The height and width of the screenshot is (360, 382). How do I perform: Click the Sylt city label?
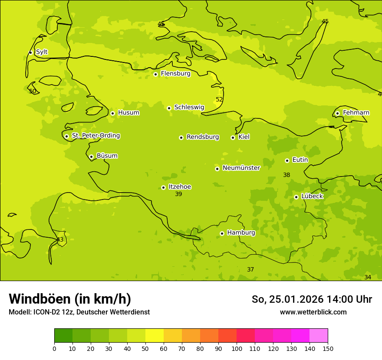42,52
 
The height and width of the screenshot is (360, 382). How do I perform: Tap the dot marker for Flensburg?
155,74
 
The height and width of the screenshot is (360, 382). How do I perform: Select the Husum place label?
128,113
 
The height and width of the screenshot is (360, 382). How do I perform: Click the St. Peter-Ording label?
95,136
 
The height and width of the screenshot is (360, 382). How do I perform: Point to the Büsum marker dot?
91,157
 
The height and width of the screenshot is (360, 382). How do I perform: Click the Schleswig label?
189,107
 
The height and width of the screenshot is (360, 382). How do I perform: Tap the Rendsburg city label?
203,137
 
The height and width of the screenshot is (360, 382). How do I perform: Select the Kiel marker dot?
233,137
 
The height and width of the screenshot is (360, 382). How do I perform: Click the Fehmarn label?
356,113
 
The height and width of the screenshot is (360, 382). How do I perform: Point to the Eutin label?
300,160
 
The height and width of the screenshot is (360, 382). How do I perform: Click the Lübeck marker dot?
296,197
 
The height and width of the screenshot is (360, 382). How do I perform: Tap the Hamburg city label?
241,233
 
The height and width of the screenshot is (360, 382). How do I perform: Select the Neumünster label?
241,168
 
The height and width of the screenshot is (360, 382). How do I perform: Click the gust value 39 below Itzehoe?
178,194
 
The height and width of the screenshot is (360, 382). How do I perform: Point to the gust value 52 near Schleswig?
219,100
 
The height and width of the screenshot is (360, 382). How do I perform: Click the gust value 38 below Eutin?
286,175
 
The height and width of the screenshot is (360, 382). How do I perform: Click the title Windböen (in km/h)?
70,299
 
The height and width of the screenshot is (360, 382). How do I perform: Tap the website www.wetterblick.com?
313,312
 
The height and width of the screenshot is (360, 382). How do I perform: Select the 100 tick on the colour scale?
237,348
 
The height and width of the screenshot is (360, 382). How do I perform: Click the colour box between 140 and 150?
319,336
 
